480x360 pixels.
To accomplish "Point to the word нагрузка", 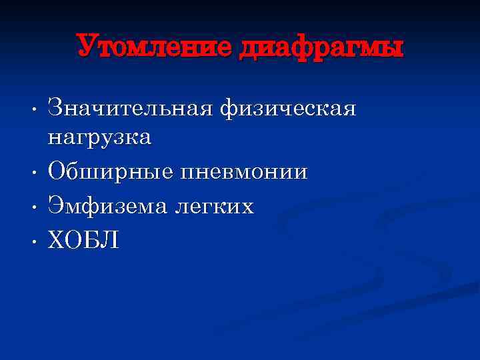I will tap(99, 138).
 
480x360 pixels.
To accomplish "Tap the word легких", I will tap(214, 207).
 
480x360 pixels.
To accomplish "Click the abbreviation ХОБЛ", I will tap(84, 240).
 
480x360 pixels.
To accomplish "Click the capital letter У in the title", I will tap(87, 47).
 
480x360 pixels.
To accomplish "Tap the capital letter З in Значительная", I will tap(56, 107).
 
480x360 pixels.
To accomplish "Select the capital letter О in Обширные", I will tap(57, 173).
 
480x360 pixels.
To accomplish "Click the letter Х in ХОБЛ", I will tap(57, 240).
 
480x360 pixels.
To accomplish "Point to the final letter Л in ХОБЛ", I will tap(111, 240).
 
